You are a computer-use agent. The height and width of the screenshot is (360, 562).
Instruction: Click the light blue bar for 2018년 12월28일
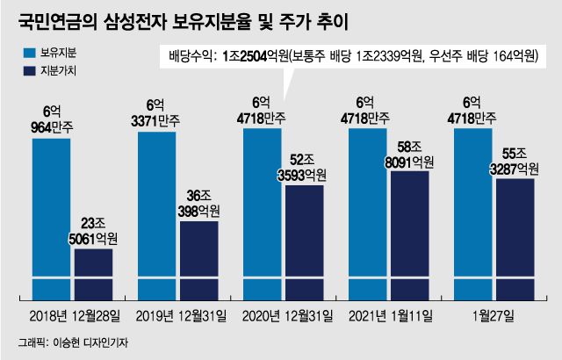tap(51, 220)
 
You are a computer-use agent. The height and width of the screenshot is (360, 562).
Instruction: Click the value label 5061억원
tap(94, 238)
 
